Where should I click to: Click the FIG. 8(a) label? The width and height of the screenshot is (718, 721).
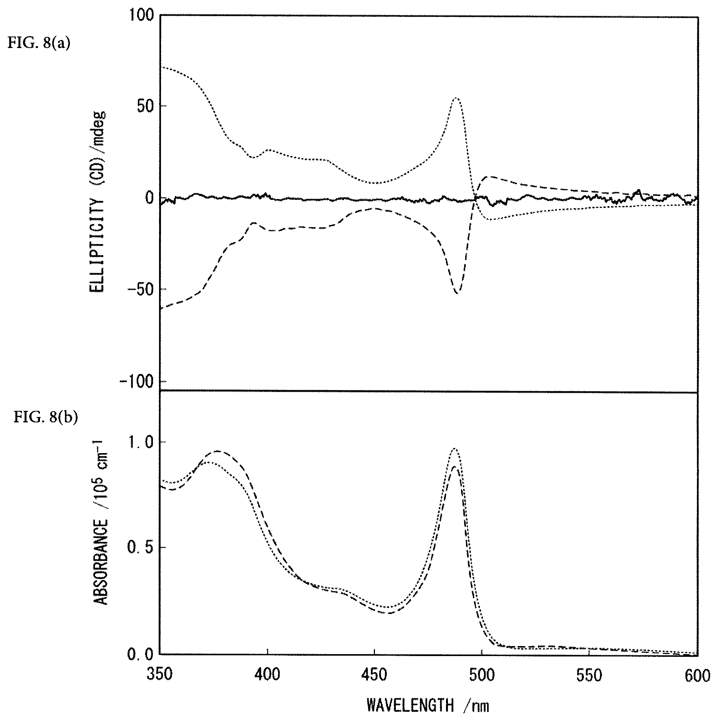point(39,43)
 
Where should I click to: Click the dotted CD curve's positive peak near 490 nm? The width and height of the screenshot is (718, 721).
point(456,98)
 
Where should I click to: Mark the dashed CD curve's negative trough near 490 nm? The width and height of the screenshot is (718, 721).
point(457,293)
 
